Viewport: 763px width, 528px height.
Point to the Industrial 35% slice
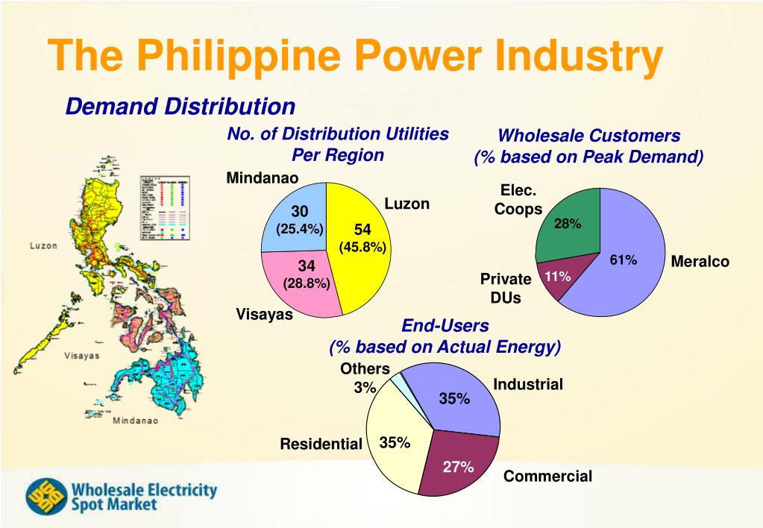tap(459, 399)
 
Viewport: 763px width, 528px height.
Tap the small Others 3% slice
tap(400, 380)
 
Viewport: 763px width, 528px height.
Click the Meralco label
tap(700, 262)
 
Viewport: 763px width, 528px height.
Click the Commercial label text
tap(547, 477)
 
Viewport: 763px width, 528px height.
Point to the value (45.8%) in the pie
tap(362, 247)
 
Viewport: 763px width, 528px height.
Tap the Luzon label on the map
tap(43, 245)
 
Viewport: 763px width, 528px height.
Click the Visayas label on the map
tap(81, 356)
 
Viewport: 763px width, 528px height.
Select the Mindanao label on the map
tap(135, 421)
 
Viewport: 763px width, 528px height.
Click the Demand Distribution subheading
tap(180, 107)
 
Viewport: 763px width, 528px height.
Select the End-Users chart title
tap(445, 326)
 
